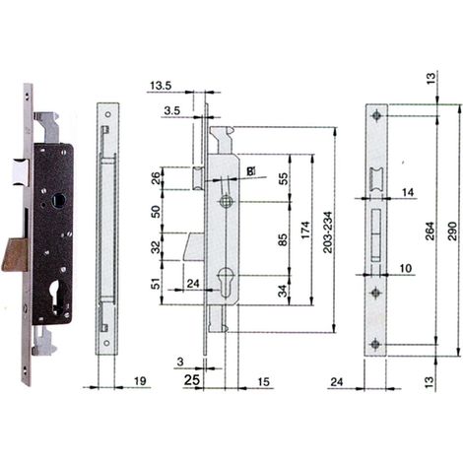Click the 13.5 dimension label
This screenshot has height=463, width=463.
coord(161,86)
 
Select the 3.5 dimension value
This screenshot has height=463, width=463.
coord(172,110)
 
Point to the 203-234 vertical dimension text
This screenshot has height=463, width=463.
coord(328,231)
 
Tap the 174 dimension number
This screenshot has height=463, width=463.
coord(305,230)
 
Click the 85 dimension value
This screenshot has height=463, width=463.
coord(283,239)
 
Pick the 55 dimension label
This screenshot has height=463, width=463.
coord(283,178)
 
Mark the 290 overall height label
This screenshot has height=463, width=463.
coord(452,231)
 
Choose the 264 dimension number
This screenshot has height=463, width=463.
coord(430,231)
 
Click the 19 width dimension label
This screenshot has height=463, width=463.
coord(140,381)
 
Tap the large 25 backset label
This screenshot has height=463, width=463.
coord(192,380)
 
